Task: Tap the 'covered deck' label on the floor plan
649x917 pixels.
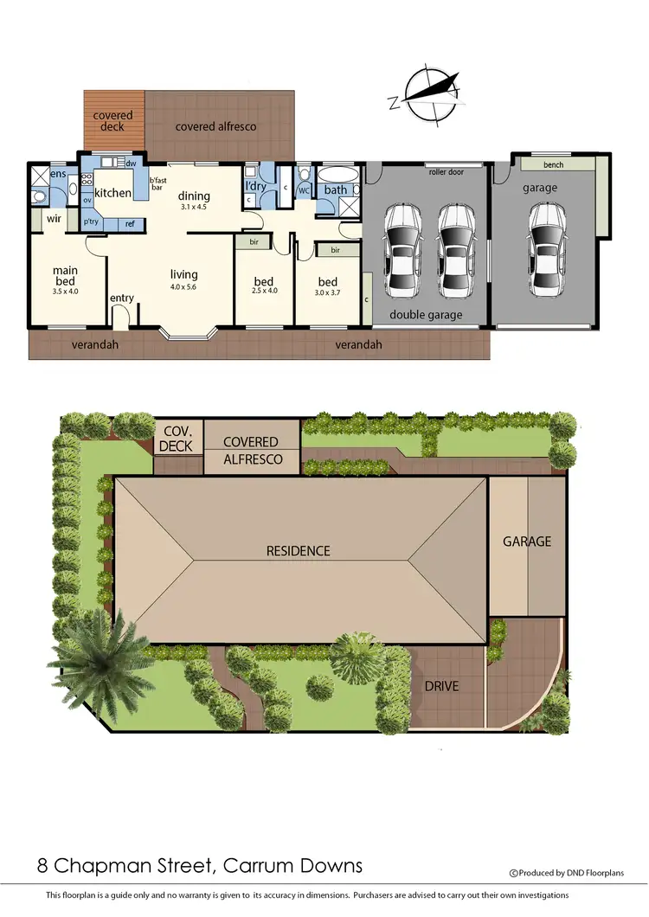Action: click(112, 121)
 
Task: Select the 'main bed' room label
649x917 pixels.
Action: click(66, 275)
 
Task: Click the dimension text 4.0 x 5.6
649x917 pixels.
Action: click(184, 286)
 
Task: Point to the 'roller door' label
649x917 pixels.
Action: click(446, 172)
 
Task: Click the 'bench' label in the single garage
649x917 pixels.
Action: click(554, 164)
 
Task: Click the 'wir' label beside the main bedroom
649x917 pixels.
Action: click(53, 219)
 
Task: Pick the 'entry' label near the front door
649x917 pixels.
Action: click(122, 298)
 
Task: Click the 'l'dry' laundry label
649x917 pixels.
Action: click(255, 186)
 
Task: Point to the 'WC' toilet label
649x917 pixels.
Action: click(304, 189)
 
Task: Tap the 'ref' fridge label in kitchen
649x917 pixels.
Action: click(130, 224)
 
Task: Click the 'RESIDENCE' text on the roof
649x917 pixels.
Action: click(298, 550)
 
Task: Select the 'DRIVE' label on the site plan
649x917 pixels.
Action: click(441, 686)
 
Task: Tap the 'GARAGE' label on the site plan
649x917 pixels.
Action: click(527, 542)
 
